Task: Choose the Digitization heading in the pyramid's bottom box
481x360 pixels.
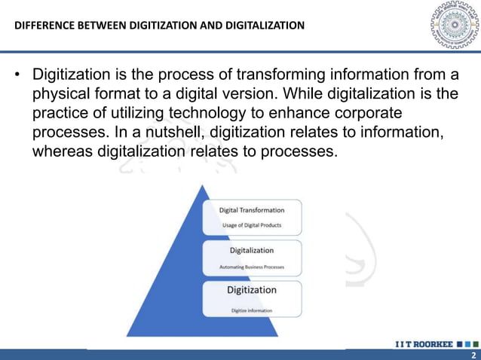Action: [252, 290]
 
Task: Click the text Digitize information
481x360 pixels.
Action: [252, 310]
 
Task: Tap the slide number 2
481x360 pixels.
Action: [472, 355]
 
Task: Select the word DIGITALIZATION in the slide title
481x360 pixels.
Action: [263, 26]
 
